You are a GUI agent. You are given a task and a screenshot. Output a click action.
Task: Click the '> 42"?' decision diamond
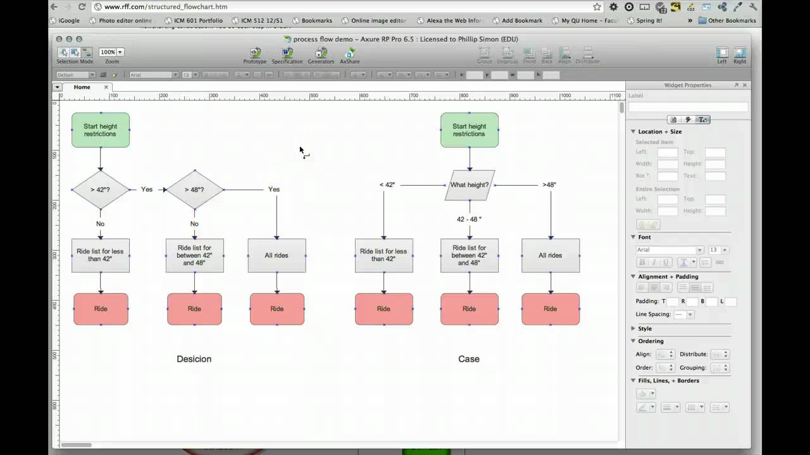(x=100, y=190)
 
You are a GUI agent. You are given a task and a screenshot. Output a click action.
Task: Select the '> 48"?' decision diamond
(x=194, y=190)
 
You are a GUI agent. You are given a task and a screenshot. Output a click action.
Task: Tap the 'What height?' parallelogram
(x=470, y=185)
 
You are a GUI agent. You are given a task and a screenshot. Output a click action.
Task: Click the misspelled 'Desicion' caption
(x=194, y=359)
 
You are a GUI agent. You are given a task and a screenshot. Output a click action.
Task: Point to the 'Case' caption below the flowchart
(x=469, y=359)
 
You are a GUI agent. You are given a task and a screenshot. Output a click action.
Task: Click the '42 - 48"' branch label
(x=469, y=219)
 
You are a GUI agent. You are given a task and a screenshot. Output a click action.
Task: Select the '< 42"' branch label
(x=387, y=185)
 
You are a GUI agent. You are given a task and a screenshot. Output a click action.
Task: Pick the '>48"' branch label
(x=549, y=185)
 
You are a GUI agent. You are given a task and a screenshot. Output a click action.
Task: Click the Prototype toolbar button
(x=255, y=55)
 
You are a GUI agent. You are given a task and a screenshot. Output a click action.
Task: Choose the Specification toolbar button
(x=287, y=55)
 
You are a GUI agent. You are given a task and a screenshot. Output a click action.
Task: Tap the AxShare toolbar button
(x=349, y=55)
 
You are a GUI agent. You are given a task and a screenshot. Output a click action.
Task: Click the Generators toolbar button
(x=321, y=55)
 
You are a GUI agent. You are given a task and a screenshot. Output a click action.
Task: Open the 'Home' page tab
(x=82, y=87)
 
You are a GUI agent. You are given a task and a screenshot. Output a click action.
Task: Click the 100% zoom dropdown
(x=111, y=52)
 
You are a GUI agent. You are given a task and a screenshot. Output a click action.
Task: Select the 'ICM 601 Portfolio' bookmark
(x=194, y=20)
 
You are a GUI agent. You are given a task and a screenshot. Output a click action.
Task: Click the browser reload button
(x=82, y=7)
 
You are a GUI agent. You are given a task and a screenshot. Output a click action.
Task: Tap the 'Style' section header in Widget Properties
(x=644, y=329)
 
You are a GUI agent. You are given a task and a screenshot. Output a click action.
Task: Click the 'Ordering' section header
(x=651, y=341)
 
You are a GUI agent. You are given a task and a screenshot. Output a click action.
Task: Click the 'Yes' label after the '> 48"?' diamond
(x=274, y=190)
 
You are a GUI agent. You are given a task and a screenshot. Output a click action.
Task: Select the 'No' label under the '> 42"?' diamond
(x=100, y=224)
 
